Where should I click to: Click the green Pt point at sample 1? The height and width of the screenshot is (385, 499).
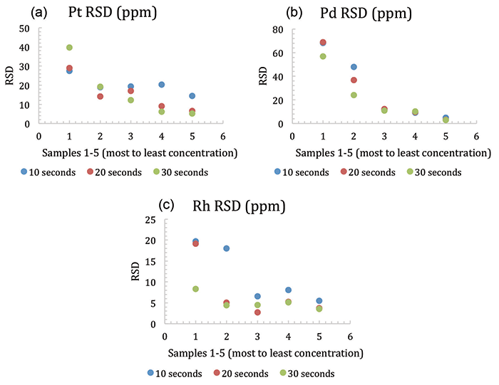[70, 48]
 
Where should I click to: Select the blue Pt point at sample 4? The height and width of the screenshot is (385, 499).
[162, 85]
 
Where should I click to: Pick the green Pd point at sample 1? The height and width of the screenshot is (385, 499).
[323, 56]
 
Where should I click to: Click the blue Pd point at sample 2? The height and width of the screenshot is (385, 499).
[354, 67]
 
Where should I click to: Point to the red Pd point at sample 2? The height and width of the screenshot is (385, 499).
[354, 80]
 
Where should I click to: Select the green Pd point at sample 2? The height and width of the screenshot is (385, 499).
[354, 95]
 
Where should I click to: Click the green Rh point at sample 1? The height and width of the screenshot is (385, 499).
[195, 289]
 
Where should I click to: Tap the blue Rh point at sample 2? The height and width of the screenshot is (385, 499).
[226, 248]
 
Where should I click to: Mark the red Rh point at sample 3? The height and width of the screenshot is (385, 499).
[257, 312]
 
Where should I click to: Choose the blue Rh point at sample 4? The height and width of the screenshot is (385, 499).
[288, 290]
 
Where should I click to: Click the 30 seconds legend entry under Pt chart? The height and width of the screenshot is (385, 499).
[182, 172]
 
